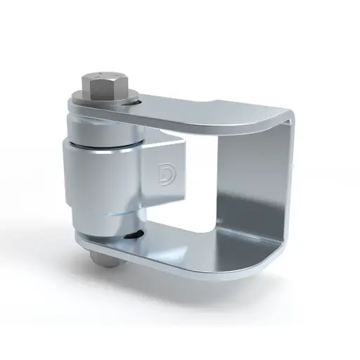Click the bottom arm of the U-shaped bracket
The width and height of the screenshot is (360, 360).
[x=211, y=250]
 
